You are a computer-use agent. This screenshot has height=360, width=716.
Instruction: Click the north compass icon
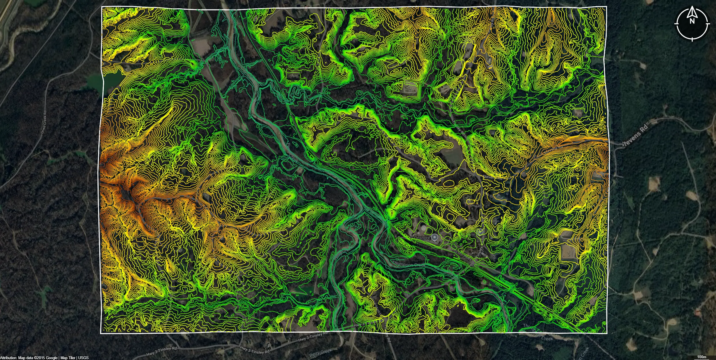point(692,23)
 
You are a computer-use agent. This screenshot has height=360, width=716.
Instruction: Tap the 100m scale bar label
point(702,357)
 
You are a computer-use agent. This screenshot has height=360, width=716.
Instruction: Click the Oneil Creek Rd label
point(44,122)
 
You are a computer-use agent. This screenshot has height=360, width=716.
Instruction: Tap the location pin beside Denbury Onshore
point(434,237)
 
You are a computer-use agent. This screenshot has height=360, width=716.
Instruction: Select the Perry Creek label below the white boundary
point(320,353)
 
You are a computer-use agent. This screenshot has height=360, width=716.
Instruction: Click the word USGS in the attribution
point(83,358)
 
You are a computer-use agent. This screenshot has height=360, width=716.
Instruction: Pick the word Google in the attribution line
point(52,358)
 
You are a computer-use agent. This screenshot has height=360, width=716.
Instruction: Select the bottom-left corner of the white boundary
point(101,333)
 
